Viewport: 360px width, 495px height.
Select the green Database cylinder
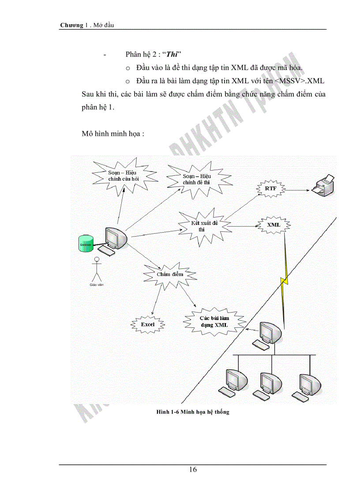click(x=85, y=244)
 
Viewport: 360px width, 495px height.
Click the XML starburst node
click(x=274, y=224)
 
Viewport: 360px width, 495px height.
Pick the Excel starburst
click(x=148, y=324)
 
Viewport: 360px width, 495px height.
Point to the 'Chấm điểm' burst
click(x=169, y=275)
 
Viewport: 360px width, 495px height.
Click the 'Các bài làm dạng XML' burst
click(x=214, y=321)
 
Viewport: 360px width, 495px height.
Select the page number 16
click(x=193, y=469)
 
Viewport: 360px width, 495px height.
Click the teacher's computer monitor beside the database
click(x=116, y=239)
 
